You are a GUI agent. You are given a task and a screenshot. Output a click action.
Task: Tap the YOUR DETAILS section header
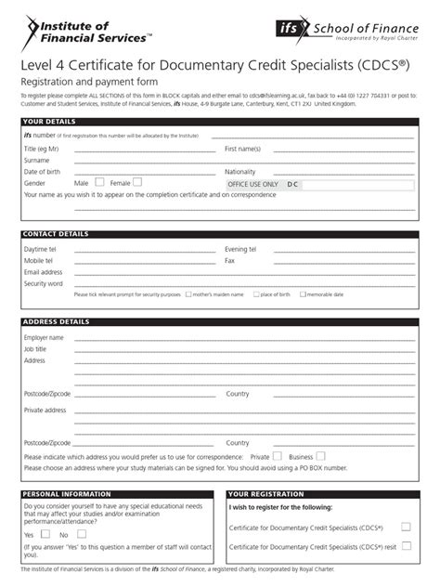pos(46,122)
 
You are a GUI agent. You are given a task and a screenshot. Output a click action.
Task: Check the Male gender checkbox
pos(99,183)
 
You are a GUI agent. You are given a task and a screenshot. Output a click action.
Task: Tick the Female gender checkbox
pos(137,183)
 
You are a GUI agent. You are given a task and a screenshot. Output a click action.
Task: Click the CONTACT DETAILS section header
pos(55,235)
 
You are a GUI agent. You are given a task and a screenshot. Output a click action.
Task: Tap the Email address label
pos(43,272)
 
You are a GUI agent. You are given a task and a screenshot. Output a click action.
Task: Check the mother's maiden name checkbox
pos(189,294)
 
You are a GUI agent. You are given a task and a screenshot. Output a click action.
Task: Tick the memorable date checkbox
pos(302,294)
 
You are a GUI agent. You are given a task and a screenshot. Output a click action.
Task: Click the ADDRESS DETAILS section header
pos(56,322)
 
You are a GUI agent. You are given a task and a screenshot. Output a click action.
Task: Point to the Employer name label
pos(44,337)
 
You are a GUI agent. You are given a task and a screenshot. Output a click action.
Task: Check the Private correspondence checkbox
pos(278,456)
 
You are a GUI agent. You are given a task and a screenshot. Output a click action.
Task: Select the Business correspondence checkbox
pos(320,456)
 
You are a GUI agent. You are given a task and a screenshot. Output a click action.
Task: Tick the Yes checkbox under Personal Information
pos(42,535)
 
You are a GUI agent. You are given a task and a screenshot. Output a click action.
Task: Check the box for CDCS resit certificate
pos(405,547)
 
